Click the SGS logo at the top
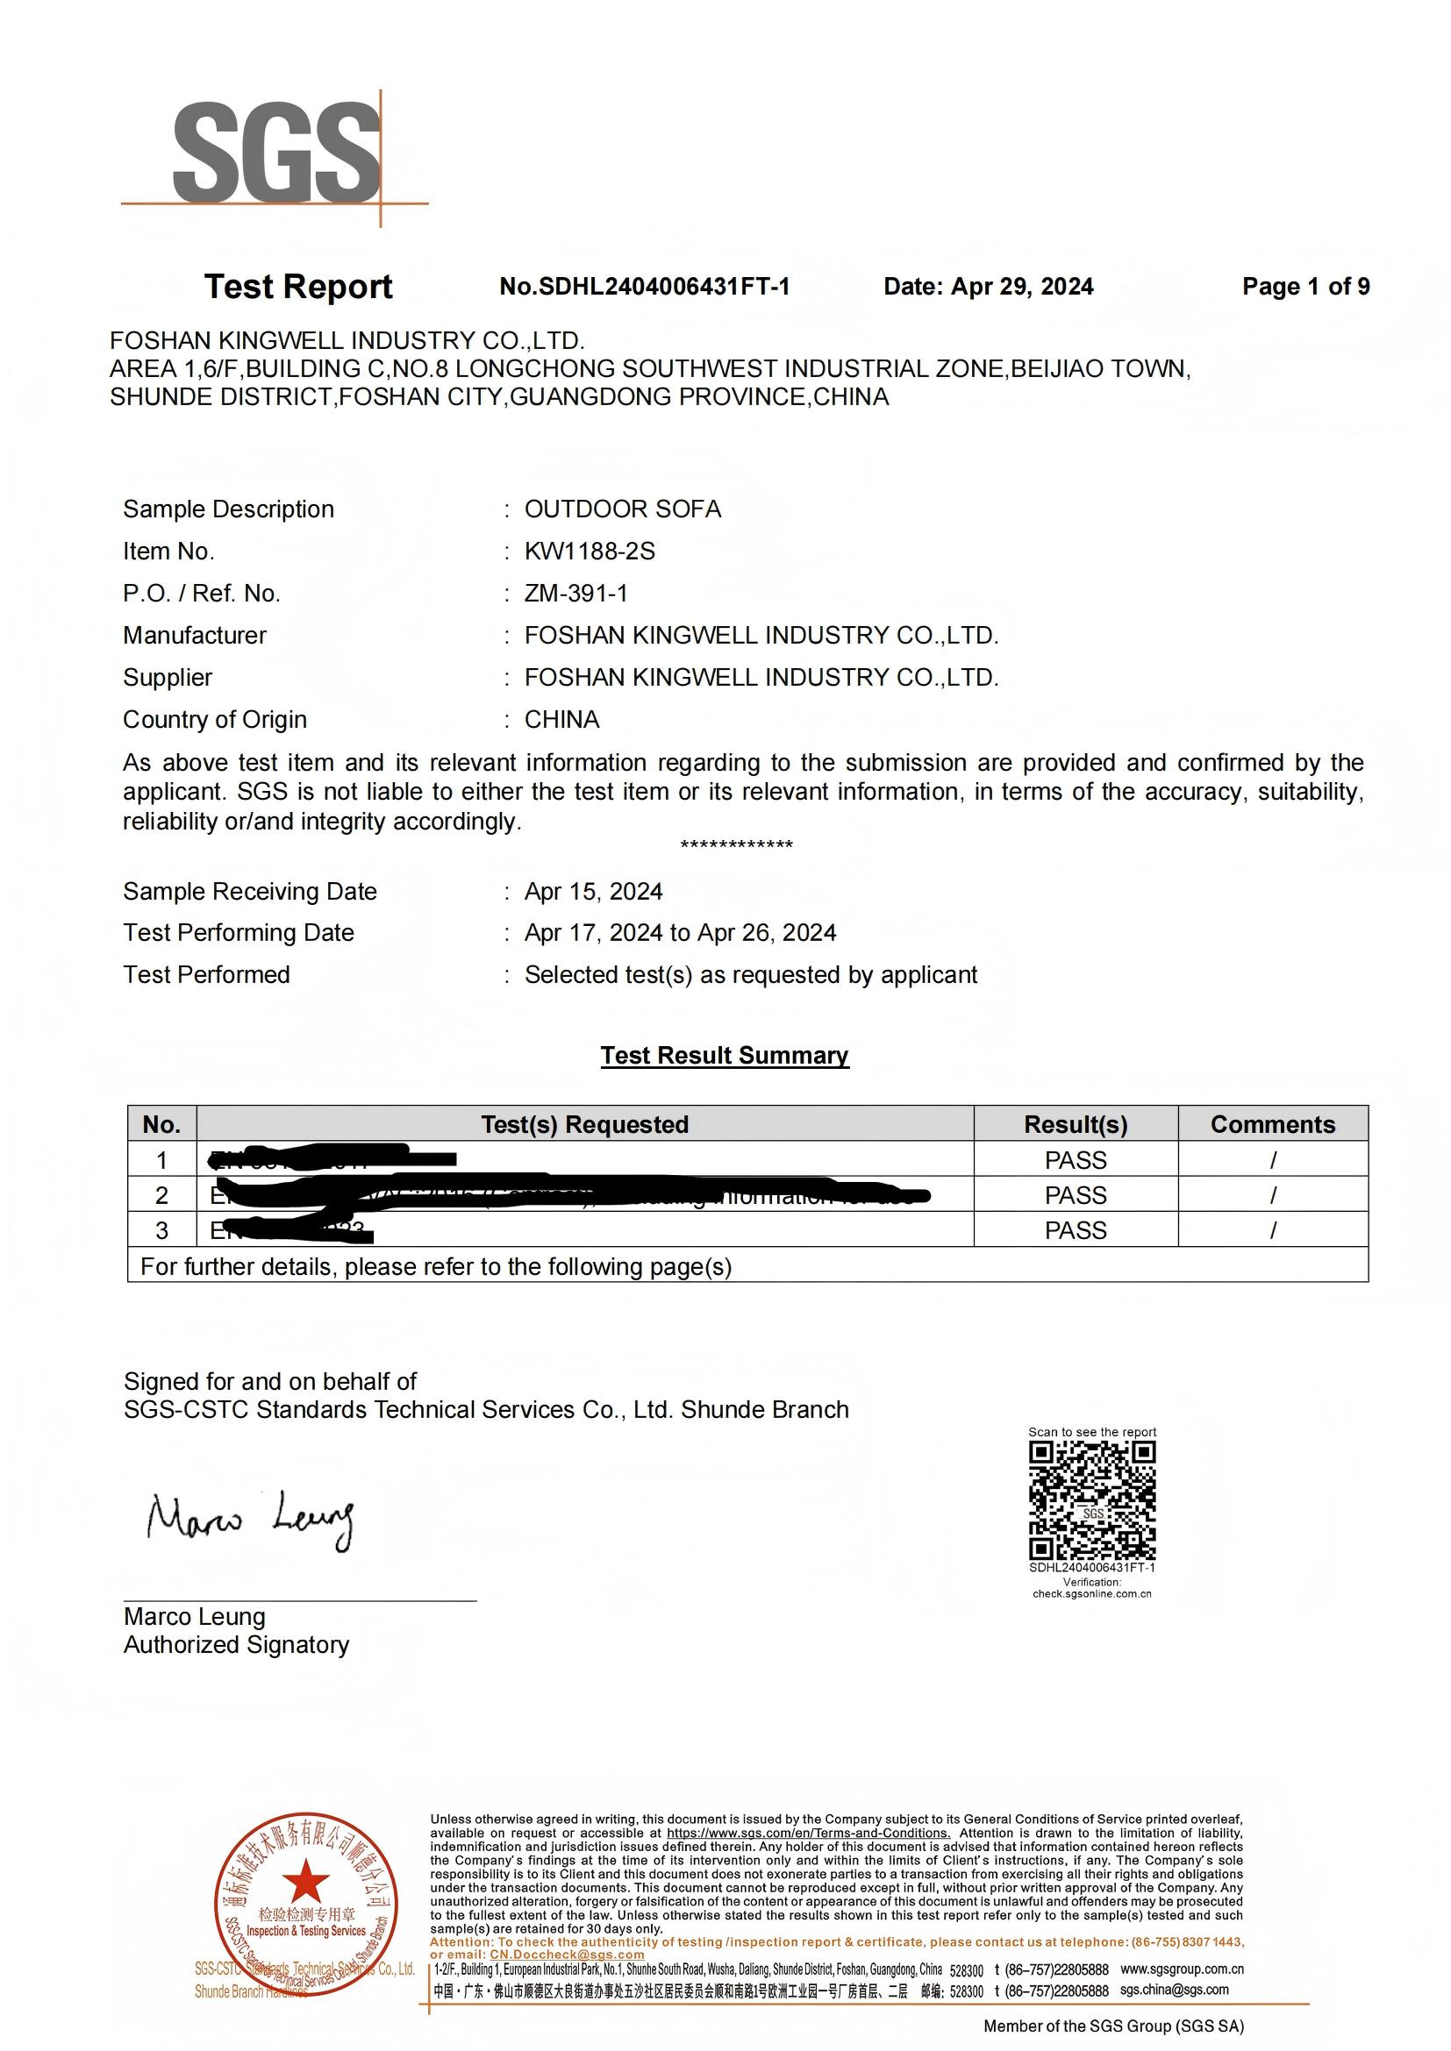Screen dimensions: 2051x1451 click(x=275, y=153)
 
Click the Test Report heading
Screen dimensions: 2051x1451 click(x=298, y=287)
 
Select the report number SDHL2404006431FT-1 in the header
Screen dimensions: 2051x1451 click(x=644, y=287)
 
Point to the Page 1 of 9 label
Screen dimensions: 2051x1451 click(x=1305, y=287)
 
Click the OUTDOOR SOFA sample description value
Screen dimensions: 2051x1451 click(x=622, y=509)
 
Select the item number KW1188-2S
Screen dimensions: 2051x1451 click(x=590, y=552)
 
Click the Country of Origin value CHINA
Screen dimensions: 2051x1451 click(x=561, y=720)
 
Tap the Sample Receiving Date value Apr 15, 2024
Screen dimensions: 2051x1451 click(x=593, y=892)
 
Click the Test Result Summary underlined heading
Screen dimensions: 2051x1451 click(x=724, y=1055)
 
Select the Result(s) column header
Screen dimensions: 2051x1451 click(x=1075, y=1125)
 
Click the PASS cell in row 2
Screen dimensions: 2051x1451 click(x=1075, y=1195)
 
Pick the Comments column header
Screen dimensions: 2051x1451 click(x=1272, y=1125)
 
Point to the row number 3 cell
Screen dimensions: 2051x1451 click(x=161, y=1231)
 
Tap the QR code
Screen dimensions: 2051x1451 click(x=1092, y=1501)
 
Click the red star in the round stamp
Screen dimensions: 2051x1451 click(x=305, y=1878)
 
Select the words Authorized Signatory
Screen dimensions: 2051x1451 click(x=236, y=1645)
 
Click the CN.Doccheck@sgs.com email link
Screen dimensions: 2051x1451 click(x=567, y=1955)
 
